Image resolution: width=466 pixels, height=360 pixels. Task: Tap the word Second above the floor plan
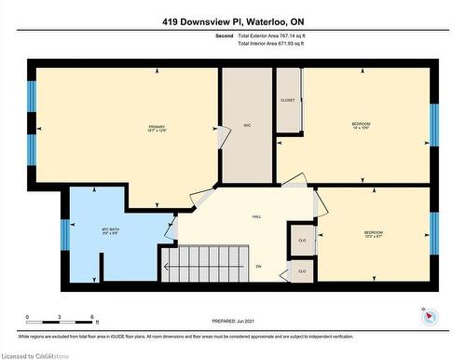[224, 35]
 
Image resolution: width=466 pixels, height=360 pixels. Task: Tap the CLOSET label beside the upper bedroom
[288, 100]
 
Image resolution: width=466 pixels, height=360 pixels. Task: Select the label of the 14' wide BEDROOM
[362, 127]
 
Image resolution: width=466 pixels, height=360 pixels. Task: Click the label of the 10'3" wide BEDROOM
[373, 234]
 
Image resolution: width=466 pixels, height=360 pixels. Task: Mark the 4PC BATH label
[112, 229]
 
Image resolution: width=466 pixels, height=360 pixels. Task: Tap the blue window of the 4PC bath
[65, 234]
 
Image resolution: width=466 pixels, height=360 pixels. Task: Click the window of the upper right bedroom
[433, 126]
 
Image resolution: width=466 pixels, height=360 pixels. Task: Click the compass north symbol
[428, 315]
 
